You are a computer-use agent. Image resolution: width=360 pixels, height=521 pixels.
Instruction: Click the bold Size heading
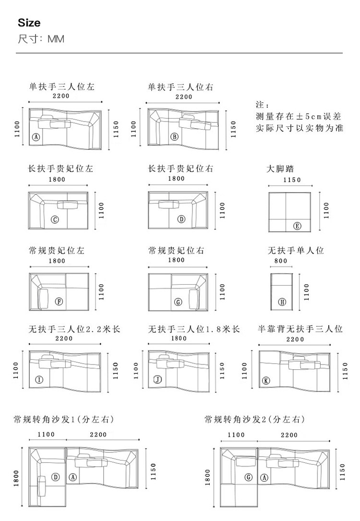tap(29, 23)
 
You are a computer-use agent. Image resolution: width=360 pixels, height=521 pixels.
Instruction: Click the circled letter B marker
tap(175, 137)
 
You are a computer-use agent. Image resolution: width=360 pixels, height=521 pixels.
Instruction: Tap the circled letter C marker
tap(55, 219)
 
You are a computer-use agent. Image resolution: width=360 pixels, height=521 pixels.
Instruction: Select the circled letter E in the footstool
tap(297, 226)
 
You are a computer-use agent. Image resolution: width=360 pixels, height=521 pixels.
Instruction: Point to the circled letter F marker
tap(59, 302)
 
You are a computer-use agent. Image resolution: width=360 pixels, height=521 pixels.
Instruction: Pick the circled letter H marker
tap(282, 302)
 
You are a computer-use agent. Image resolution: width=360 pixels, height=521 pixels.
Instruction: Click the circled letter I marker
tap(39, 380)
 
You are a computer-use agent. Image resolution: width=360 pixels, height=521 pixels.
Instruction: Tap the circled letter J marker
tap(157, 380)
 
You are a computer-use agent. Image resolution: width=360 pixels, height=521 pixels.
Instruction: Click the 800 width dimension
tap(281, 261)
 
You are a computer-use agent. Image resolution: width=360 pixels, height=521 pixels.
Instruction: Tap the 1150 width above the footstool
tap(292, 180)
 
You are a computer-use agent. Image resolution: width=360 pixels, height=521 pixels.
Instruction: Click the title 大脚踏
tap(280, 169)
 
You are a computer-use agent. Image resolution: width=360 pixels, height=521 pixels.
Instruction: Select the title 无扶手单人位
tap(296, 251)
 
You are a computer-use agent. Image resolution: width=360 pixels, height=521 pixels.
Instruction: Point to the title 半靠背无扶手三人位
tap(300, 329)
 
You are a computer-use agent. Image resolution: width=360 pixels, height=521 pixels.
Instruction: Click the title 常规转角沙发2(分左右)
tap(254, 420)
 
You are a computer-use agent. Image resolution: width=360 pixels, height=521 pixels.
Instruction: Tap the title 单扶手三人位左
tap(61, 87)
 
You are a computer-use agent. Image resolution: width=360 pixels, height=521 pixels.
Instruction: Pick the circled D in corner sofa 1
tap(56, 477)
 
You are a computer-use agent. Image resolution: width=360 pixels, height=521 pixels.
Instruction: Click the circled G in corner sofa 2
tap(249, 477)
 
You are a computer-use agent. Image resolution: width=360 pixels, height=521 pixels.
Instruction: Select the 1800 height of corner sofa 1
tap(16, 477)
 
